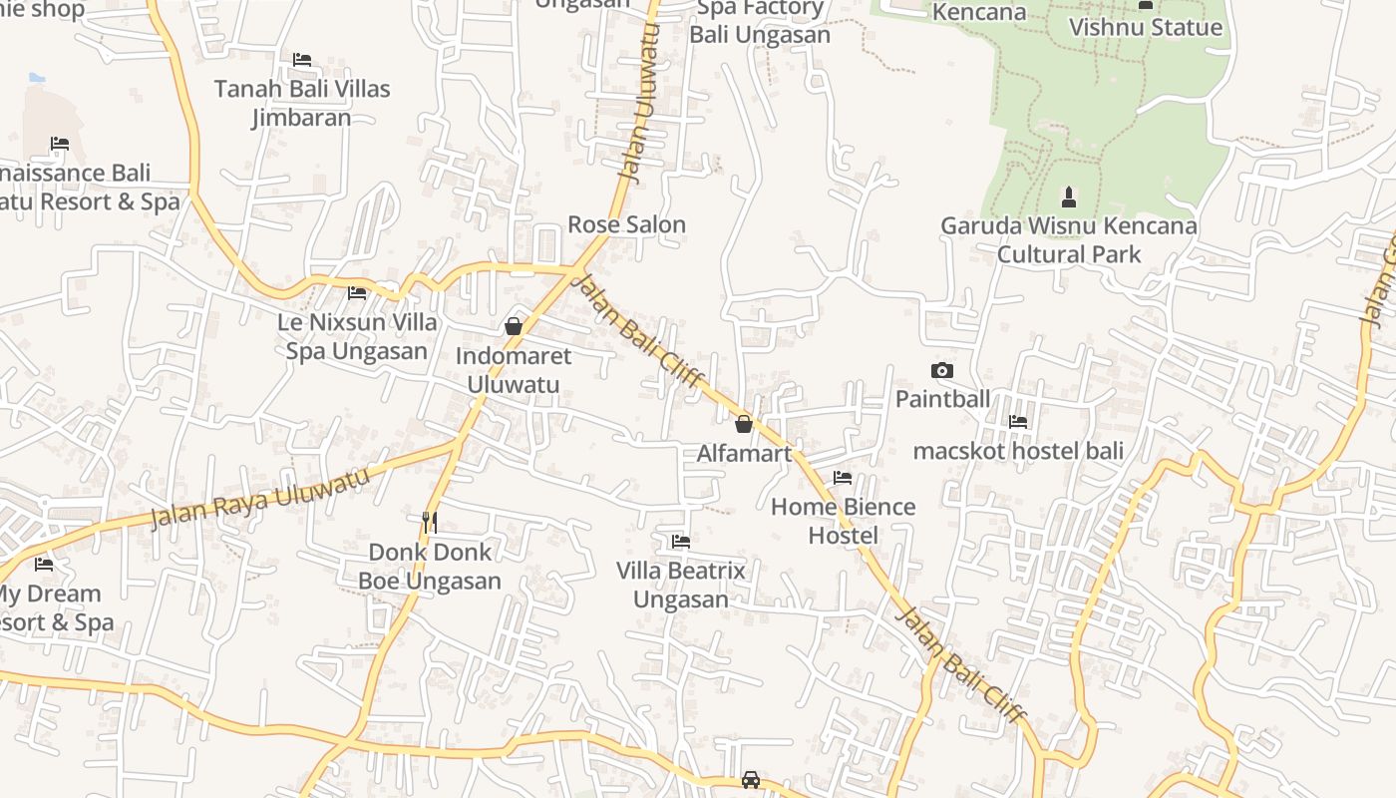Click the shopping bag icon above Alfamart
(x=743, y=424)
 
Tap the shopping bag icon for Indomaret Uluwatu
(x=514, y=326)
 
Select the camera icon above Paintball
(x=941, y=371)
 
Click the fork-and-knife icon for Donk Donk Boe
(x=430, y=522)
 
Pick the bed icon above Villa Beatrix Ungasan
(x=681, y=542)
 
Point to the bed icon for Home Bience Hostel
(x=843, y=478)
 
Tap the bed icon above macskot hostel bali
(x=1018, y=422)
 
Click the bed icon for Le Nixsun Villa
(x=357, y=293)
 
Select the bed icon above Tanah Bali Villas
(x=302, y=60)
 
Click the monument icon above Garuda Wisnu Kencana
(x=1069, y=197)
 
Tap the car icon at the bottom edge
(x=751, y=779)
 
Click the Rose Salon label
(x=627, y=224)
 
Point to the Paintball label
(x=942, y=399)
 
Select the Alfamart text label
(x=744, y=454)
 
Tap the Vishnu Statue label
(x=1145, y=27)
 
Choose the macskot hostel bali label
(x=1018, y=451)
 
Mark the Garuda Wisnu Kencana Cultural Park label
(x=1069, y=240)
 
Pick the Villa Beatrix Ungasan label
(x=681, y=586)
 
